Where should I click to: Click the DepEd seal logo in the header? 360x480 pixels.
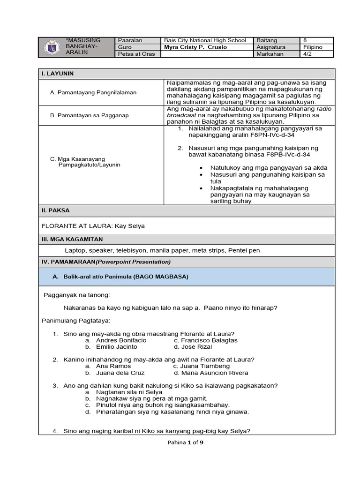point(51,47)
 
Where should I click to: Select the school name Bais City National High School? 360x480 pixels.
point(205,40)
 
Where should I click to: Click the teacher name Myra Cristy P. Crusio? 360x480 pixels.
point(195,47)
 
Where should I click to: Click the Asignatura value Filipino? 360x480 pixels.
point(313,47)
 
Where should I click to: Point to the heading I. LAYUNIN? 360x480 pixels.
point(58,74)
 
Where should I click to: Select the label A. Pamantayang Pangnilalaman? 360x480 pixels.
point(93,92)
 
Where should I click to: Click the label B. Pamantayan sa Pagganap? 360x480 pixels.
point(89,115)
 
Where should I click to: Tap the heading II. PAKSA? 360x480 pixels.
point(56,210)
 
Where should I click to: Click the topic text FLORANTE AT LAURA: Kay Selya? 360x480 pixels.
point(93,226)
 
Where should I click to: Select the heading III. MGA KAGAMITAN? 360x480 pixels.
point(72,239)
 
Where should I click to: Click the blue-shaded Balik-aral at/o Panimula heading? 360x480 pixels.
point(120,277)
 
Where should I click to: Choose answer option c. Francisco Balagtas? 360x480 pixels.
point(205,340)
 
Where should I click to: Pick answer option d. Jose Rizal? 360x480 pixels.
point(193,347)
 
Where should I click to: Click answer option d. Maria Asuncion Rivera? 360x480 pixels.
point(211,373)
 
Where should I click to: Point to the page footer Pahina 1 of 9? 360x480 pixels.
point(186,442)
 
